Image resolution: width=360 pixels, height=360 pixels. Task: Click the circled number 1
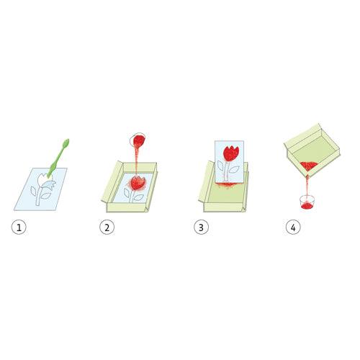coord(19,227)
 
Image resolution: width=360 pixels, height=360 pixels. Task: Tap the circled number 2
coord(107,227)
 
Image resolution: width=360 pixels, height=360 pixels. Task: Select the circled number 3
coord(201,227)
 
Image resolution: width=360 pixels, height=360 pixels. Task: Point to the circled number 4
coord(293,227)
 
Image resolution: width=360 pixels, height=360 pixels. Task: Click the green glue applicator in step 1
coord(58,158)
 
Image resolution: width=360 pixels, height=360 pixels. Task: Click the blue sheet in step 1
coord(41,189)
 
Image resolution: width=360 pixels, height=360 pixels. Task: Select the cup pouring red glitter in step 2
coord(138,140)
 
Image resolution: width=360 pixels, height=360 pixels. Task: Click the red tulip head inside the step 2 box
coord(138,183)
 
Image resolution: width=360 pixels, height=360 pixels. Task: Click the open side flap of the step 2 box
coord(112,181)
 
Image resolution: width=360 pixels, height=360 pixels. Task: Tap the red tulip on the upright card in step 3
coord(231,153)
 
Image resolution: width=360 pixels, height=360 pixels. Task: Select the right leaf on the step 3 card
coord(234,170)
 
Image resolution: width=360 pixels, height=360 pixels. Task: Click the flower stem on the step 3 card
coord(226,171)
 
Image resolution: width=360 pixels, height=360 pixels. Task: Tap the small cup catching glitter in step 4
coord(307,202)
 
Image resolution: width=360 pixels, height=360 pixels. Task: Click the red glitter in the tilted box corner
coord(309,166)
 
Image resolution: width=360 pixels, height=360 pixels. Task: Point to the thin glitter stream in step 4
coord(307,186)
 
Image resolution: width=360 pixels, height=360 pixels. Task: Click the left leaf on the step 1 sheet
coord(33,191)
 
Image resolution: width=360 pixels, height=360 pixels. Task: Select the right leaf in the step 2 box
coord(139,198)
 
